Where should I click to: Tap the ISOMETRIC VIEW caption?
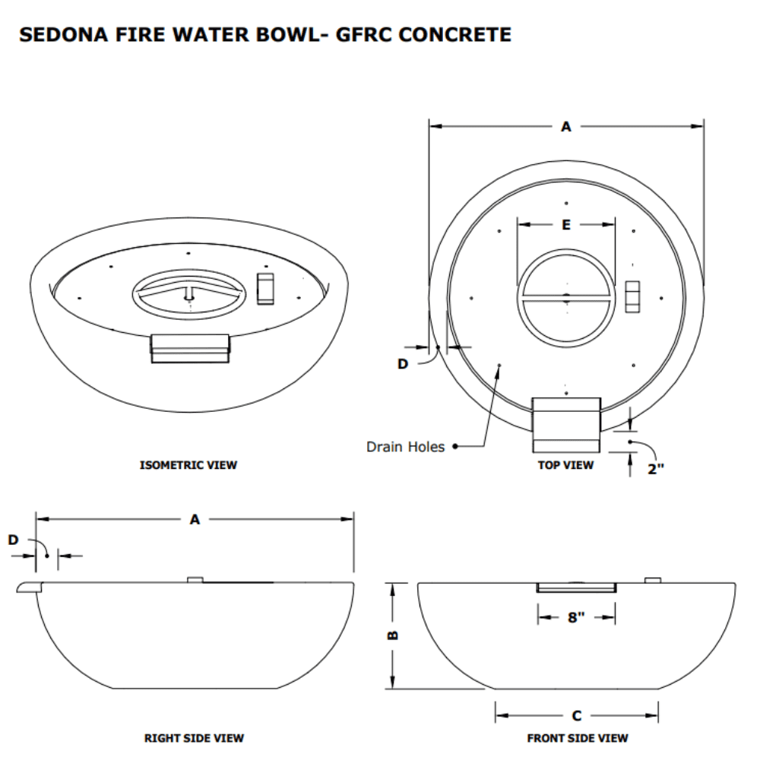(188, 464)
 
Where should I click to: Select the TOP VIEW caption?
(565, 464)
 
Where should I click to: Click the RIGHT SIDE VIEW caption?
(194, 737)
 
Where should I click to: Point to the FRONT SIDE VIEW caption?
(578, 737)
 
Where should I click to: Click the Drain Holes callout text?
(405, 447)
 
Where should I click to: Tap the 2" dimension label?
(655, 469)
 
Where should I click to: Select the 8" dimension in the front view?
(575, 617)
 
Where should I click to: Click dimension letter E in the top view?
(565, 224)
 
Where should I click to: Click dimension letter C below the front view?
(576, 715)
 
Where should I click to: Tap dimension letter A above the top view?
(565, 127)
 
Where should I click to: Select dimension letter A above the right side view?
(195, 520)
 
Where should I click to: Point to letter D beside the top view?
(403, 364)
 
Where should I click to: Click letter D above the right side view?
(13, 540)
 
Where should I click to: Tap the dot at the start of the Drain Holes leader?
(454, 447)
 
